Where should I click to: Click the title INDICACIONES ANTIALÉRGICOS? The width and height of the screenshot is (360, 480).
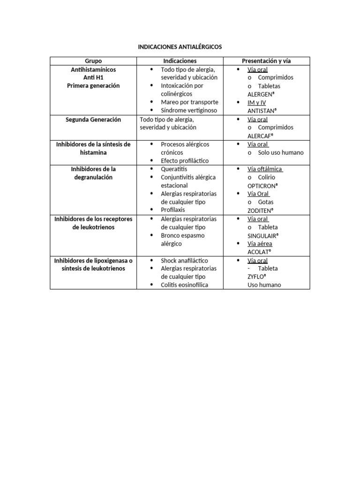pos(180,47)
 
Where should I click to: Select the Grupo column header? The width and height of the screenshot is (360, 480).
pos(93,61)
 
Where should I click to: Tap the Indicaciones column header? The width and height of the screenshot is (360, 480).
pos(180,61)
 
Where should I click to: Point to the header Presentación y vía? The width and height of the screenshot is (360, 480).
pos(266,61)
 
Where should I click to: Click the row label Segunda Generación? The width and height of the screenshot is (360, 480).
pos(93,120)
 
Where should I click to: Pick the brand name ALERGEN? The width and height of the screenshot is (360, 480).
pos(261,94)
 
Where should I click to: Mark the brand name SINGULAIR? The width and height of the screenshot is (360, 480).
pos(263,236)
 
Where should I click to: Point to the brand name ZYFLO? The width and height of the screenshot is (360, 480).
pos(257,277)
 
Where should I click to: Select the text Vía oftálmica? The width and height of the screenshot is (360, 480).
pos(265,169)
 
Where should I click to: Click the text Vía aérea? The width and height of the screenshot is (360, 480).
pos(260,244)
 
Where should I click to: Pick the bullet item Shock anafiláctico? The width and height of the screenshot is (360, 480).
pos(184,261)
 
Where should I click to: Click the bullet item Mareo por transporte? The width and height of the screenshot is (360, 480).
pos(189,102)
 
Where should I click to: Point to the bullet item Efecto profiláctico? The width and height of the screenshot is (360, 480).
pos(185,161)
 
